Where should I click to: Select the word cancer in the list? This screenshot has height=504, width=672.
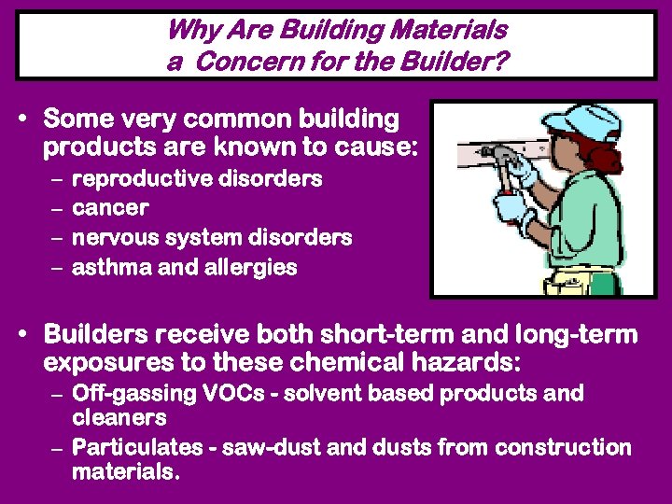[110, 208]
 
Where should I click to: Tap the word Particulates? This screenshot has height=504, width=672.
[139, 447]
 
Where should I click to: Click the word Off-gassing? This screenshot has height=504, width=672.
[133, 393]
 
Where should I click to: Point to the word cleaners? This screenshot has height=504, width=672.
[119, 417]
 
